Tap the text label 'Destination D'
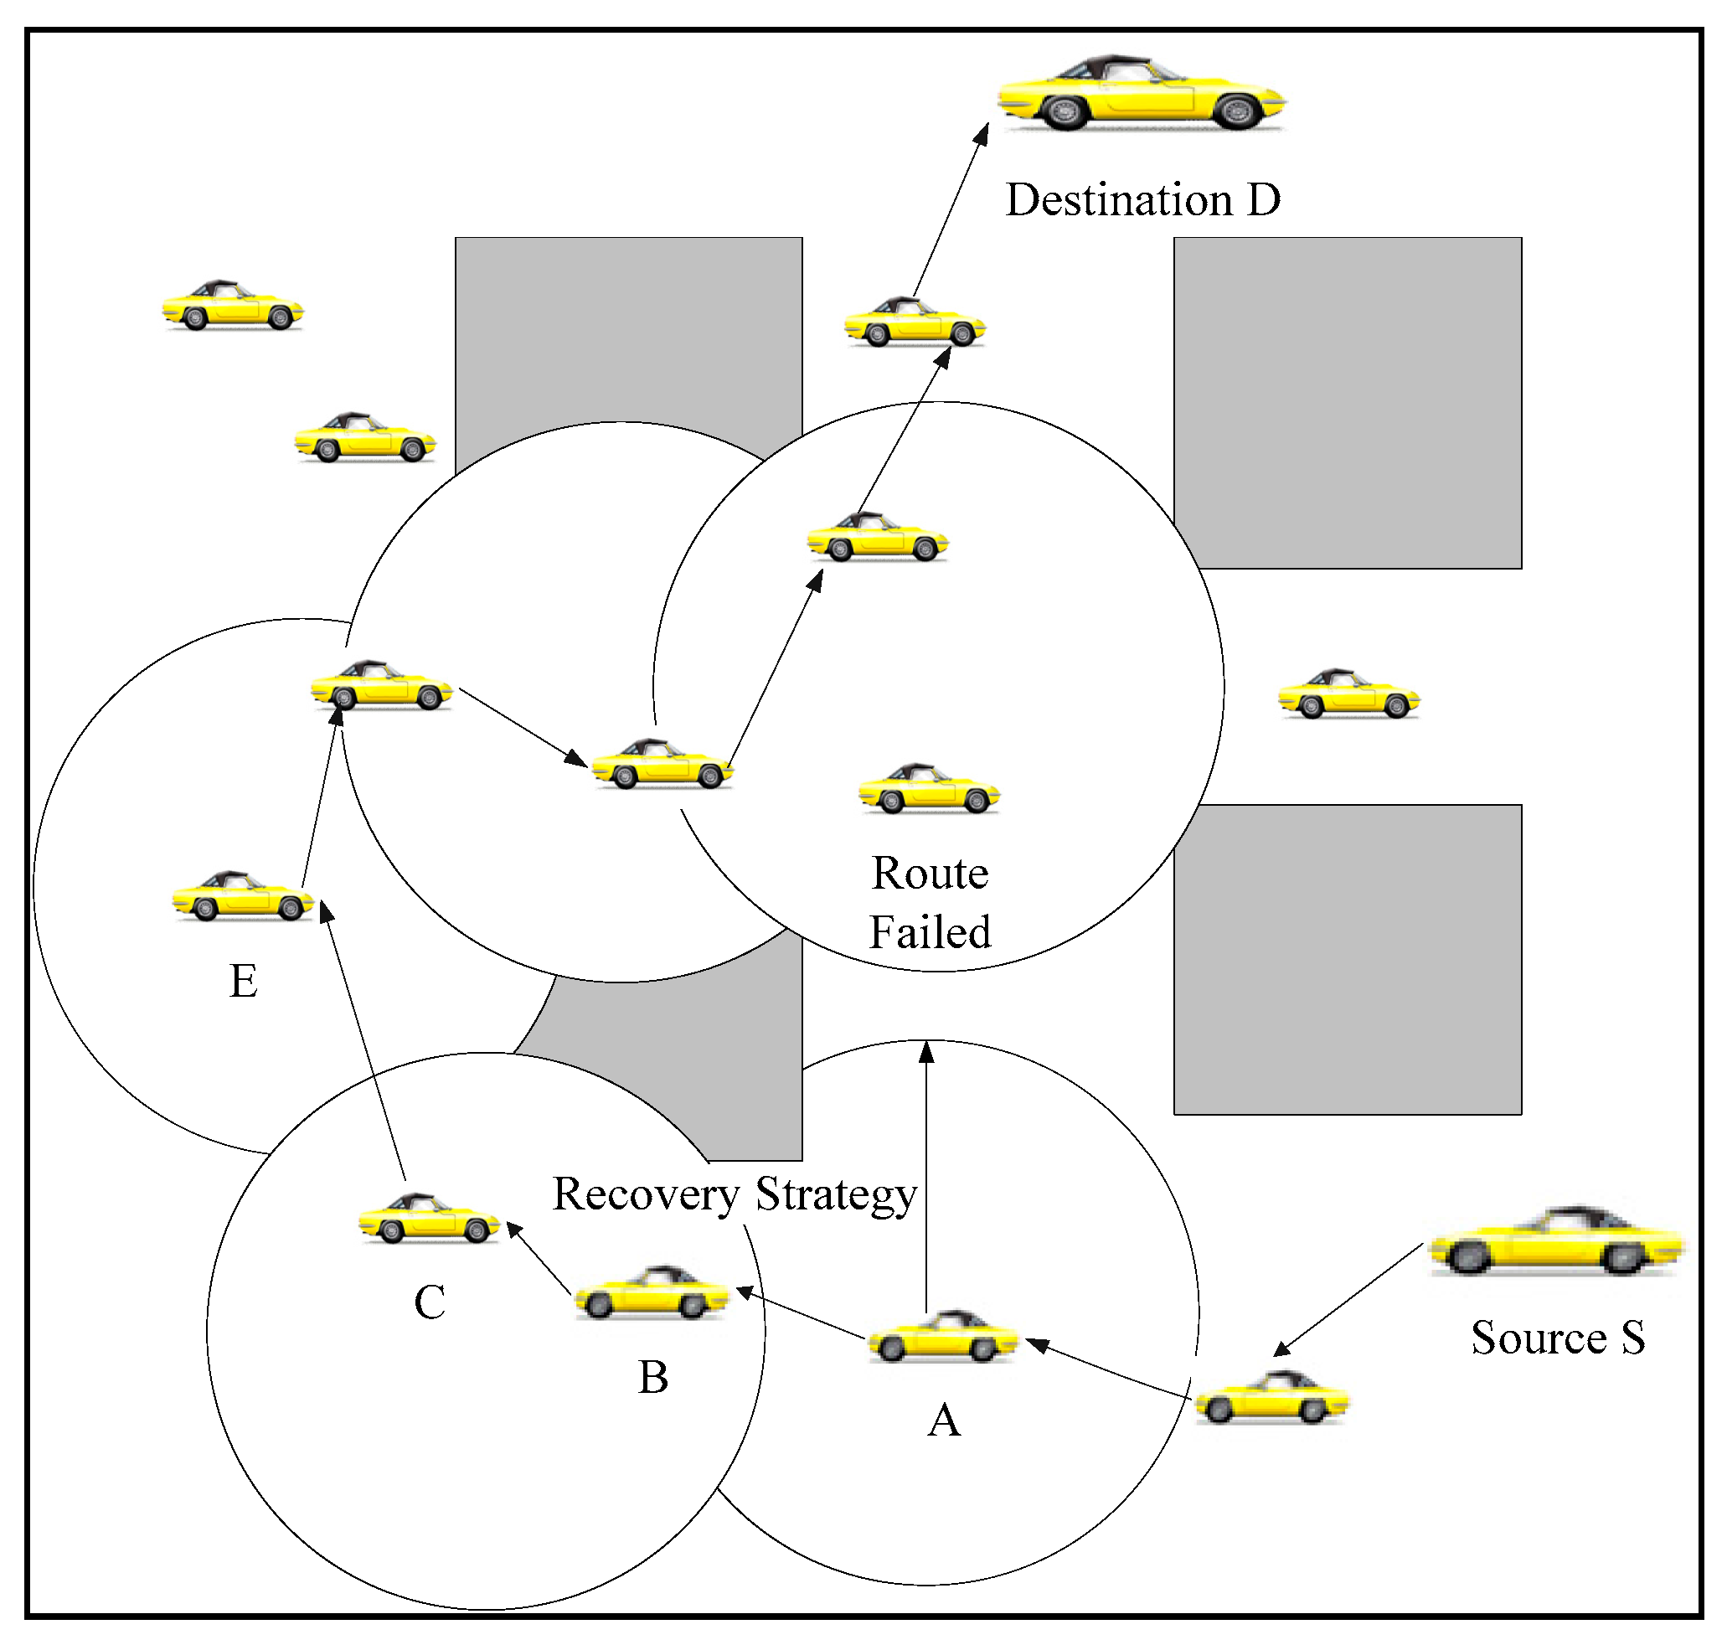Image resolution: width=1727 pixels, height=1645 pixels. (1142, 200)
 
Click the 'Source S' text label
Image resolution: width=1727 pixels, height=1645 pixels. (1557, 1338)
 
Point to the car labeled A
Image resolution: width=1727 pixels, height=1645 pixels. (943, 1338)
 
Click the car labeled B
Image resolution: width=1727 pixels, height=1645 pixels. (652, 1293)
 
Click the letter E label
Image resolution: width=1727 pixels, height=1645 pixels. (243, 981)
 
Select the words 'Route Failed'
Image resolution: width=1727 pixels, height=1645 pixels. (930, 902)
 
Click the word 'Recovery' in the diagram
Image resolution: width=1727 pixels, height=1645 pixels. (646, 1194)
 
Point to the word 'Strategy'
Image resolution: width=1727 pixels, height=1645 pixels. (836, 1194)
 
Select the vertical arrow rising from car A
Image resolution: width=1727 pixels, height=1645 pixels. (926, 1175)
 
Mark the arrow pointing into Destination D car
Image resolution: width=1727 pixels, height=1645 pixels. (951, 210)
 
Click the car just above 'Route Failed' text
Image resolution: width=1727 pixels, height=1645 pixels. (930, 789)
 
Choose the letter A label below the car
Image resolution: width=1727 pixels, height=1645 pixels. (943, 1421)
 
